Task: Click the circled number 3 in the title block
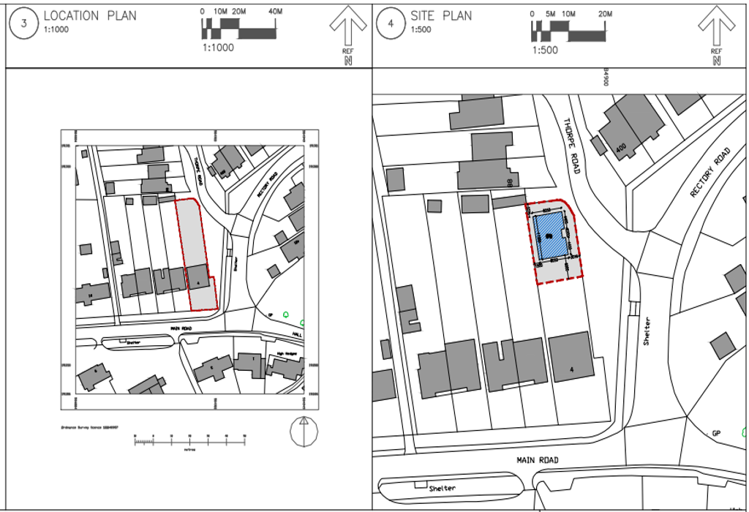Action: (x=23, y=23)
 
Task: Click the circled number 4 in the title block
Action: (x=391, y=23)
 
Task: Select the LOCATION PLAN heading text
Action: (x=90, y=15)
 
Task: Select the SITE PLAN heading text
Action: (x=440, y=15)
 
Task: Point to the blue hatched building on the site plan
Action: (x=549, y=236)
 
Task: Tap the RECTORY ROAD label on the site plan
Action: (x=710, y=173)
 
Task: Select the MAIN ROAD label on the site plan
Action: (x=538, y=460)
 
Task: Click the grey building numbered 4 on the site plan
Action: (x=571, y=357)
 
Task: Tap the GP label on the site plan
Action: (x=717, y=433)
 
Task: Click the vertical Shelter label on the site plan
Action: (x=647, y=332)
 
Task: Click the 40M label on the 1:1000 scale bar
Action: (x=276, y=12)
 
